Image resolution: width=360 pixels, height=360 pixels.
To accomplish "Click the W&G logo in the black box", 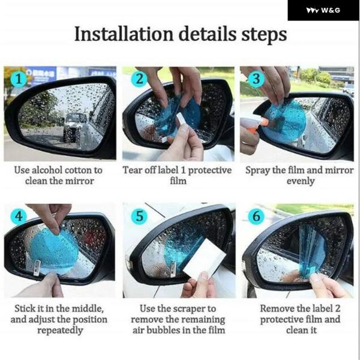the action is [323, 11].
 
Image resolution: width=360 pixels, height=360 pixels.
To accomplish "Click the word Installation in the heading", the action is [124, 34].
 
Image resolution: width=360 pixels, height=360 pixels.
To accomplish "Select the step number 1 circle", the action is [19, 79].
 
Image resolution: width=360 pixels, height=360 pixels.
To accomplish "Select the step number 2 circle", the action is [139, 79].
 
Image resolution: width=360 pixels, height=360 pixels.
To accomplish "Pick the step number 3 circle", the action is [256, 79].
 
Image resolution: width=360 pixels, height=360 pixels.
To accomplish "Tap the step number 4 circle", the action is [19, 216].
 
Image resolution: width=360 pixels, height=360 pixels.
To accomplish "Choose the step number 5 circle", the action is [139, 216].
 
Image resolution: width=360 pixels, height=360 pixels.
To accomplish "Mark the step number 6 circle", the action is [256, 216].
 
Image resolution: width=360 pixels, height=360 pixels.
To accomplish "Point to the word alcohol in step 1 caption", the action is [47, 170].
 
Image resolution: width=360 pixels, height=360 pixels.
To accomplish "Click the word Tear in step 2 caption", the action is [131, 170].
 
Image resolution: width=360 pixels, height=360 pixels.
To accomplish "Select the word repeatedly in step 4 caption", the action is [60, 331].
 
